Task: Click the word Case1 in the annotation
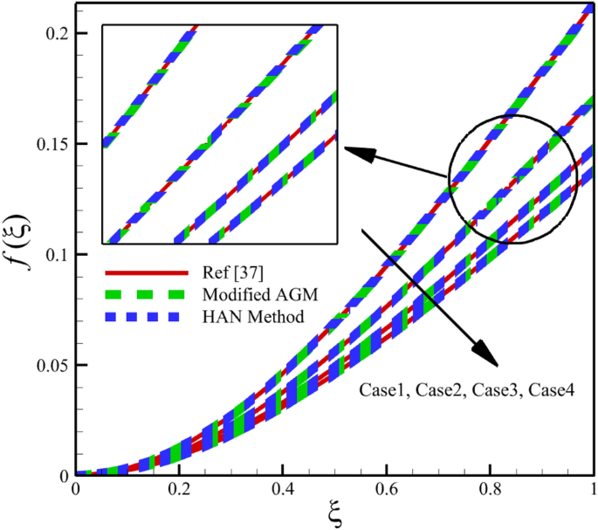[381, 390]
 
